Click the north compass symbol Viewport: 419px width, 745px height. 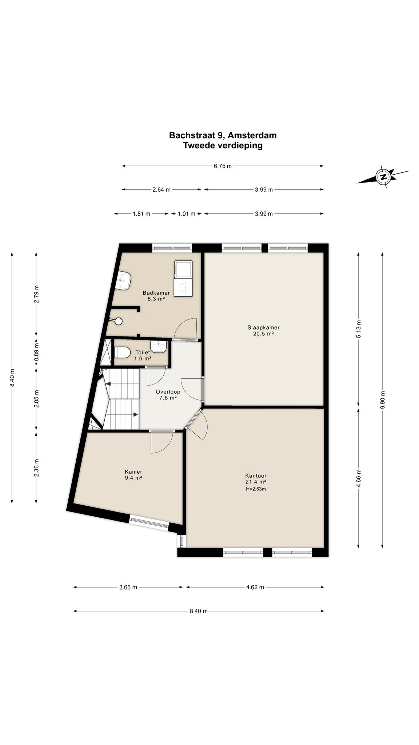coord(383,177)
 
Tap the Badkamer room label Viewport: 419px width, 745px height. coord(156,293)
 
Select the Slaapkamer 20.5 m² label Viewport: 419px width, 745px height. coord(263,330)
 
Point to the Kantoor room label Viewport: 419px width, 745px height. coord(256,475)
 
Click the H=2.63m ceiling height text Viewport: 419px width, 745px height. coord(256,489)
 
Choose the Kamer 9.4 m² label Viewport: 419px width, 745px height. coord(133,475)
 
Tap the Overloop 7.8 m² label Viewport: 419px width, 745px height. coord(168,395)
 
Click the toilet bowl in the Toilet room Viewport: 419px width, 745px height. coord(123,352)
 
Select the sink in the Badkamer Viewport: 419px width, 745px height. coord(123,281)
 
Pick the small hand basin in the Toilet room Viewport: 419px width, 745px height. coord(159,347)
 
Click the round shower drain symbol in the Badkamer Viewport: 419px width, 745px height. coord(118,321)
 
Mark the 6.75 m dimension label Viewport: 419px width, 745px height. coord(223,166)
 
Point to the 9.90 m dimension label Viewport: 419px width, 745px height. coord(382,400)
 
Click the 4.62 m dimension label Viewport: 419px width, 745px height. coord(255,587)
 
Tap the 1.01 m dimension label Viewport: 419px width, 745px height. coord(186,214)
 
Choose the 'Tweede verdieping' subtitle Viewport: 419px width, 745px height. coord(223,146)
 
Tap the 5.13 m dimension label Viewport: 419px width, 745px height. coord(358,329)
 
